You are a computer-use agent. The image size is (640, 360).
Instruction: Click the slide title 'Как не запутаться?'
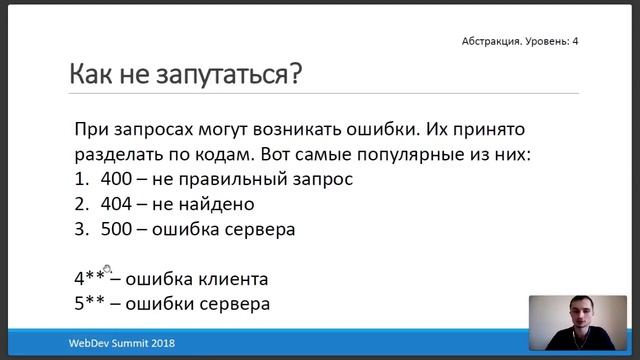click(x=185, y=74)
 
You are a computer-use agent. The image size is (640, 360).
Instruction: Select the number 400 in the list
click(x=118, y=180)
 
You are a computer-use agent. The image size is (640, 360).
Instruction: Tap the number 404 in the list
click(x=118, y=204)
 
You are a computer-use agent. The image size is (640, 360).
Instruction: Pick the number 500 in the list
click(x=118, y=228)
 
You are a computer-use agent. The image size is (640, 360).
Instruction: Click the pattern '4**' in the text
click(x=90, y=278)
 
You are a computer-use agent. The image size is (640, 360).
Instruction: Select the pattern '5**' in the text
click(x=90, y=302)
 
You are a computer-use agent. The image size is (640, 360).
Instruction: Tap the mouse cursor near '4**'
click(x=107, y=270)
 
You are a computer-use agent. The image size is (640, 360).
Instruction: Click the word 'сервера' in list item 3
click(x=262, y=228)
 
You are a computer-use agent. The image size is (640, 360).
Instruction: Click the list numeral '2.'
click(x=81, y=204)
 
